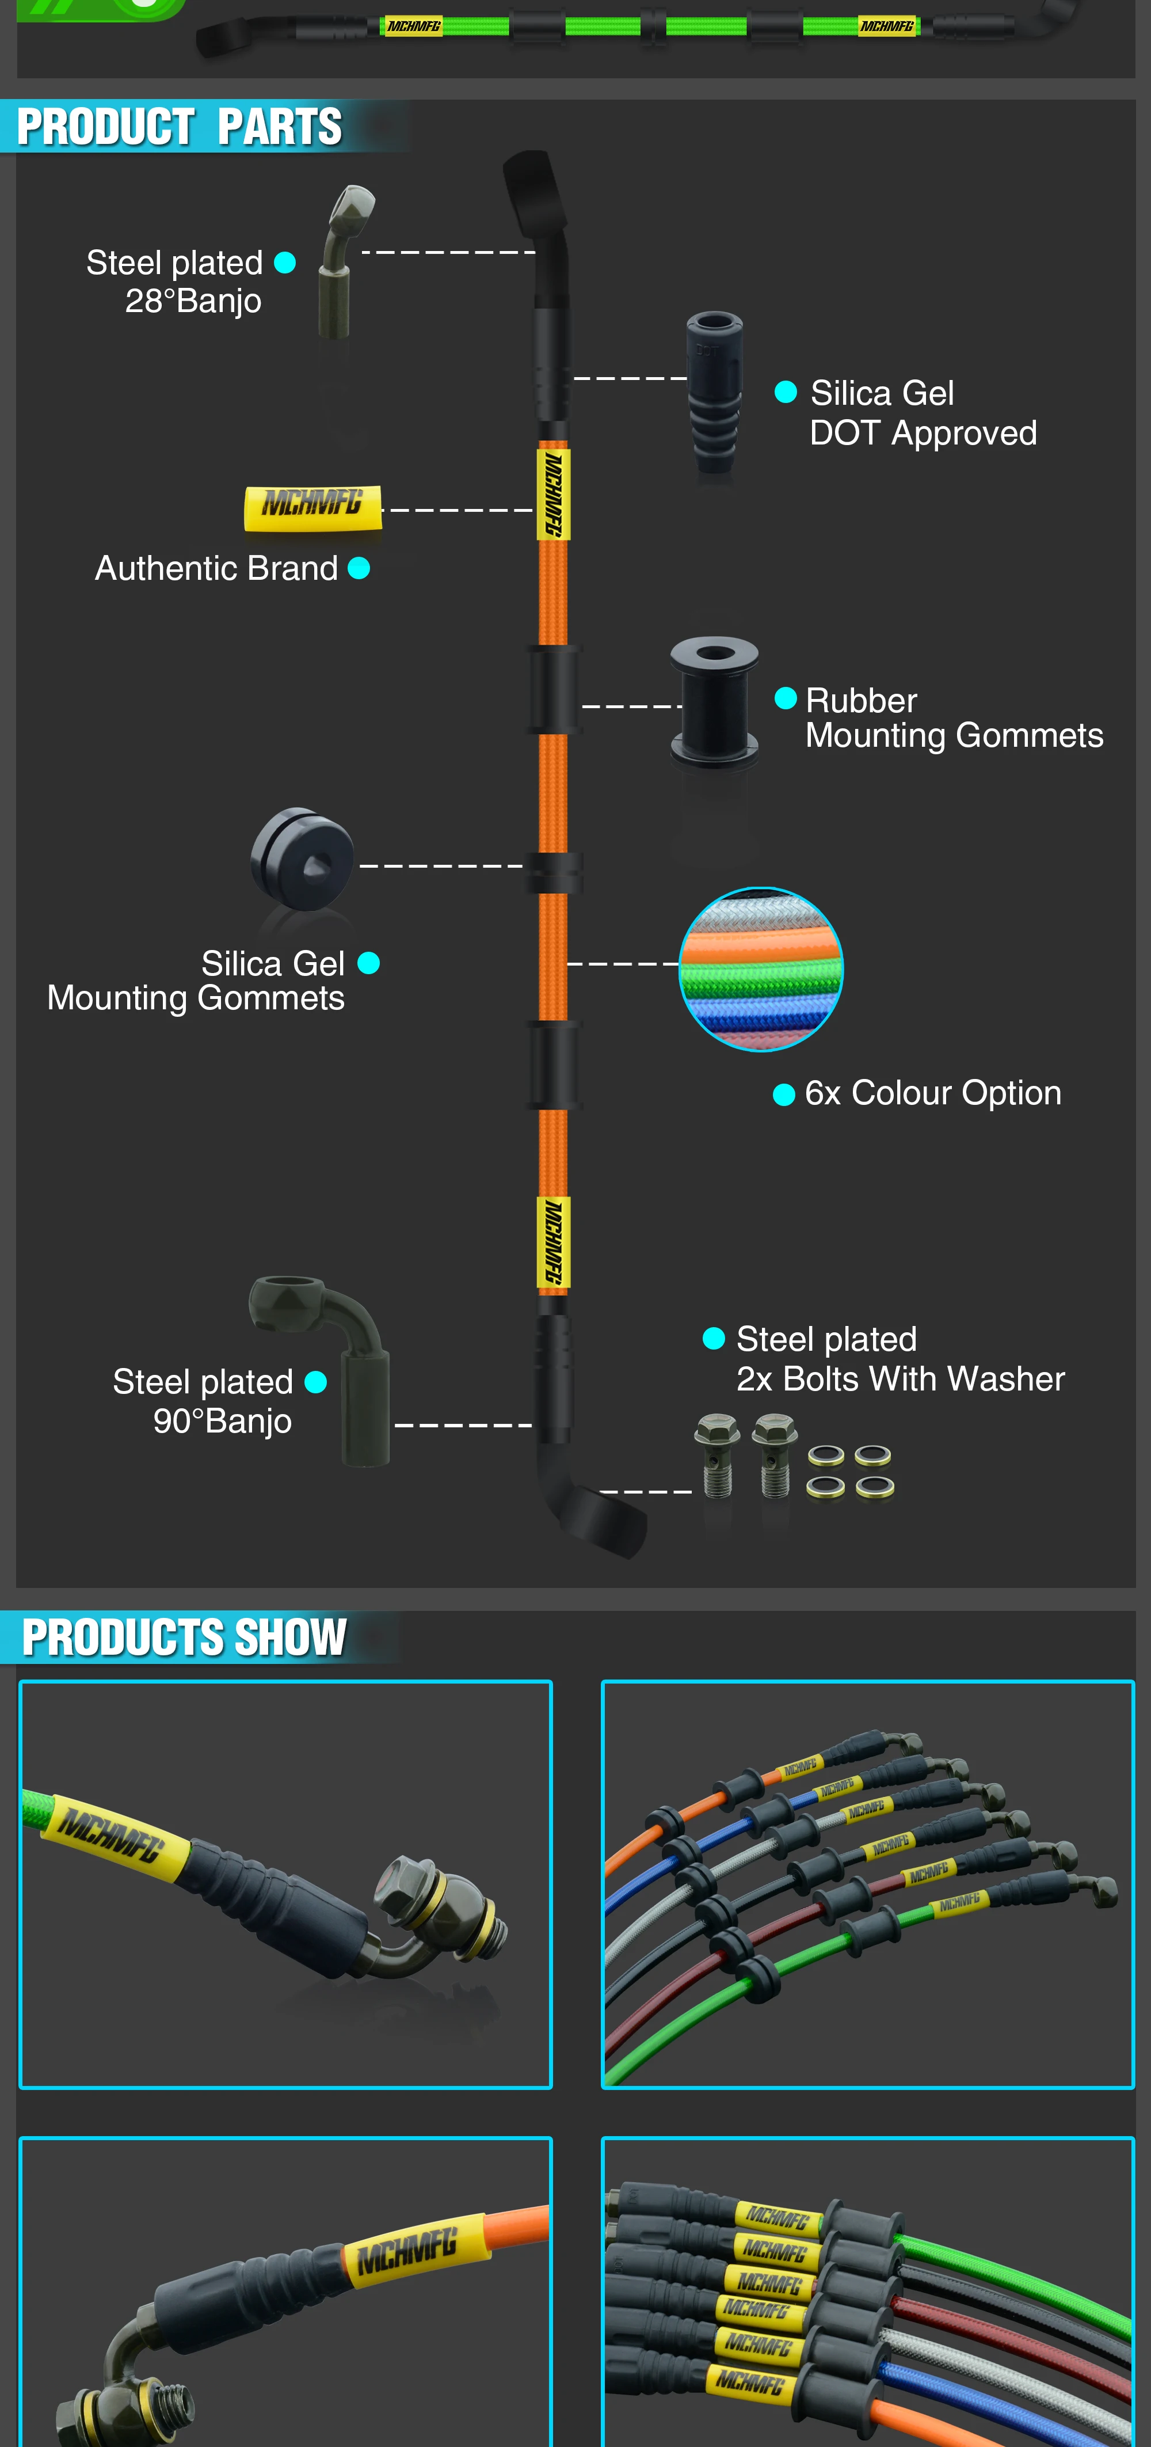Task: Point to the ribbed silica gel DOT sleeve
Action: (714, 392)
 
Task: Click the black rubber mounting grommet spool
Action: (714, 701)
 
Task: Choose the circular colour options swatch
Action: (761, 969)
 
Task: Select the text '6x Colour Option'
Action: (932, 1093)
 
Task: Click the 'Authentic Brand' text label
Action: (216, 568)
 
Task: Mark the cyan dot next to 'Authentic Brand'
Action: (359, 568)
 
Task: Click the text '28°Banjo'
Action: (193, 301)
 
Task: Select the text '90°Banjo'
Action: (222, 1421)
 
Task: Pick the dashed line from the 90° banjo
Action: (463, 1425)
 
